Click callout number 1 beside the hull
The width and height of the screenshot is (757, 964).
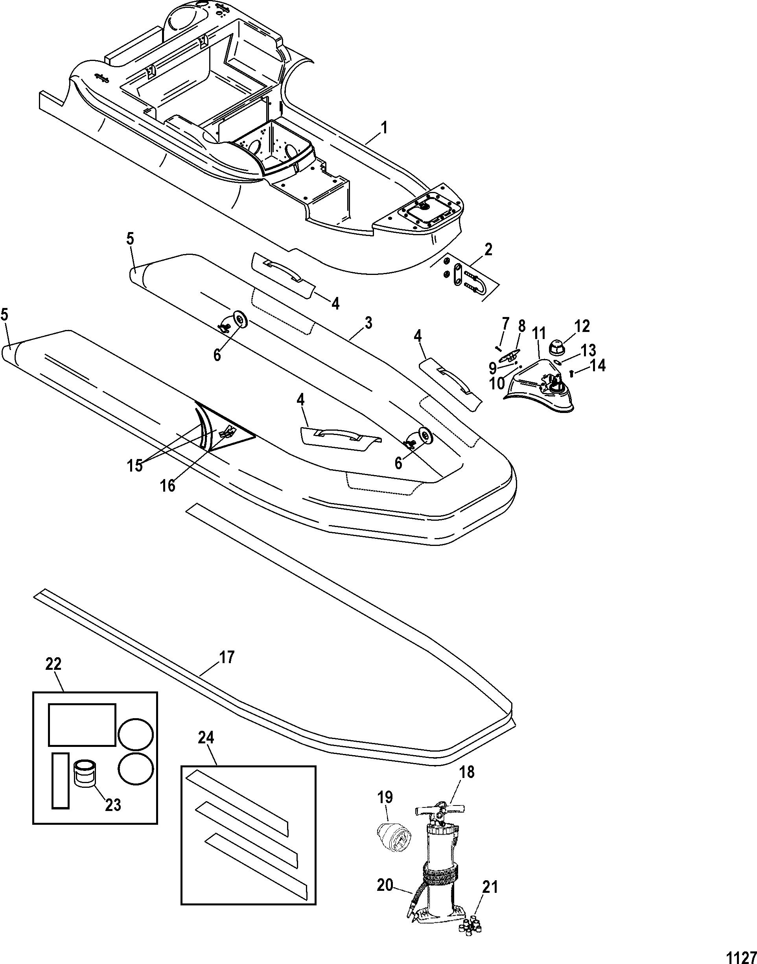384,128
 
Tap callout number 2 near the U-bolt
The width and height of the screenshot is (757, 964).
488,250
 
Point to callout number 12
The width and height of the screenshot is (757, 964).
582,327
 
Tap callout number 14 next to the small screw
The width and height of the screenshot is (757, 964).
597,366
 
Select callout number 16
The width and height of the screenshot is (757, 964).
168,485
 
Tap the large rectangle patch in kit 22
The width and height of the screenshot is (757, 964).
81,724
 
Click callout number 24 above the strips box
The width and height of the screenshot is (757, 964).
206,737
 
